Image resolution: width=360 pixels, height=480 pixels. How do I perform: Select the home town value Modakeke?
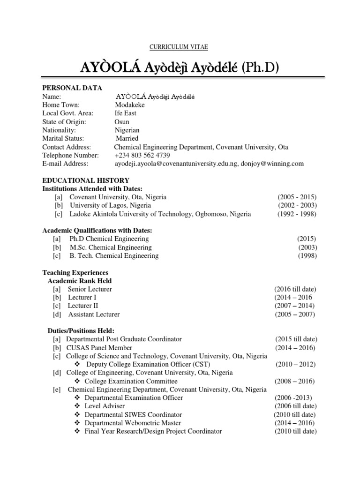tap(130, 105)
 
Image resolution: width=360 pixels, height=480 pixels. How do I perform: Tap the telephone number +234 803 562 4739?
tap(142, 155)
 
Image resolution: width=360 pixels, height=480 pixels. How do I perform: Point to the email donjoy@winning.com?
tap(274, 164)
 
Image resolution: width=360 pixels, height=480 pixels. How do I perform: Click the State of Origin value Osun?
tap(122, 121)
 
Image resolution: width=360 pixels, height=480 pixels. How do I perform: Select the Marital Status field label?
tap(63, 138)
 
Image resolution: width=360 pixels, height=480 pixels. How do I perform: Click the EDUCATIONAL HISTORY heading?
tap(86, 180)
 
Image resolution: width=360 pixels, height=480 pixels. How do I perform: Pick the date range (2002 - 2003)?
tap(297, 205)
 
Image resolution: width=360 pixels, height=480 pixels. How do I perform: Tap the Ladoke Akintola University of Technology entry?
tap(160, 214)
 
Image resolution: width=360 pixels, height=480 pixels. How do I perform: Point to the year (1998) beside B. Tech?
tap(307, 255)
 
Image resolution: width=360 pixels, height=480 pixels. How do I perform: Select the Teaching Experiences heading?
tap(75, 272)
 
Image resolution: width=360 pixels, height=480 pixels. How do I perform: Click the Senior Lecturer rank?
tap(90, 289)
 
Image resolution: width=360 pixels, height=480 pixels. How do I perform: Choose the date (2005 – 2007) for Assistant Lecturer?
tap(295, 314)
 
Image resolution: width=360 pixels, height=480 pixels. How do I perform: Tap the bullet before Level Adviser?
tap(77, 406)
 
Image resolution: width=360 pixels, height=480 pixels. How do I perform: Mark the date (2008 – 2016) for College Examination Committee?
tap(295, 381)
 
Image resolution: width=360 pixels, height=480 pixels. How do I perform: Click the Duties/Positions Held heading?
tap(81, 330)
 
